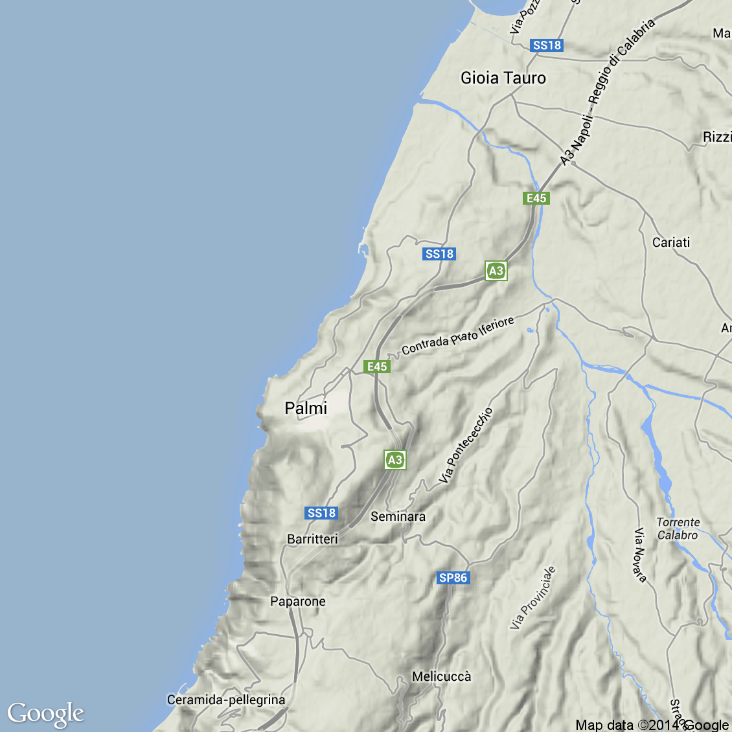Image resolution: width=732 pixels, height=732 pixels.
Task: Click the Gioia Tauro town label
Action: [503, 78]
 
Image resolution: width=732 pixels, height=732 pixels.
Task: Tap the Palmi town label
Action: [306, 408]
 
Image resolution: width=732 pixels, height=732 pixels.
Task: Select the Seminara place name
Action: [398, 516]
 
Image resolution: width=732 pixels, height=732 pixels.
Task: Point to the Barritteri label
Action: [312, 539]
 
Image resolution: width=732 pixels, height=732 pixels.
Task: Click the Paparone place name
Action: [298, 601]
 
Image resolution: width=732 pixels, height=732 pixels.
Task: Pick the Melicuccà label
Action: [442, 676]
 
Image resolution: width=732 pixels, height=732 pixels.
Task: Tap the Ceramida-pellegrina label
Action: [226, 700]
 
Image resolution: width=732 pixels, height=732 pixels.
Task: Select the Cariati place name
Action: [671, 242]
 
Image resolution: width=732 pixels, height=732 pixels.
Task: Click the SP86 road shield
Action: [453, 578]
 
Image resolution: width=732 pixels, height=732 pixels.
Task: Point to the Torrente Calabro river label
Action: [678, 529]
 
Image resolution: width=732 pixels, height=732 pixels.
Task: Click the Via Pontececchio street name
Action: [466, 446]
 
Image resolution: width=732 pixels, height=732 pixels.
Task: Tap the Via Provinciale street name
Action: [532, 598]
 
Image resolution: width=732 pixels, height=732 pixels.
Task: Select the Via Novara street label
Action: [640, 555]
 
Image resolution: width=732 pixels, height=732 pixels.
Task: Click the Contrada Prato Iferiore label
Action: [458, 336]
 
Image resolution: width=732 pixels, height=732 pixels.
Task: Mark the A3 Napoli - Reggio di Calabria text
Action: [607, 91]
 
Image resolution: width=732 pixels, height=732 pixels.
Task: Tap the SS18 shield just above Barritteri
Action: [321, 513]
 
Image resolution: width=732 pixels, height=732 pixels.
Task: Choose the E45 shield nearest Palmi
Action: [377, 367]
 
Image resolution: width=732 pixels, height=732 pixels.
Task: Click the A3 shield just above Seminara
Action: [395, 460]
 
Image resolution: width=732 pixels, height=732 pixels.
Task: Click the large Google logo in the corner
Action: [45, 713]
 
